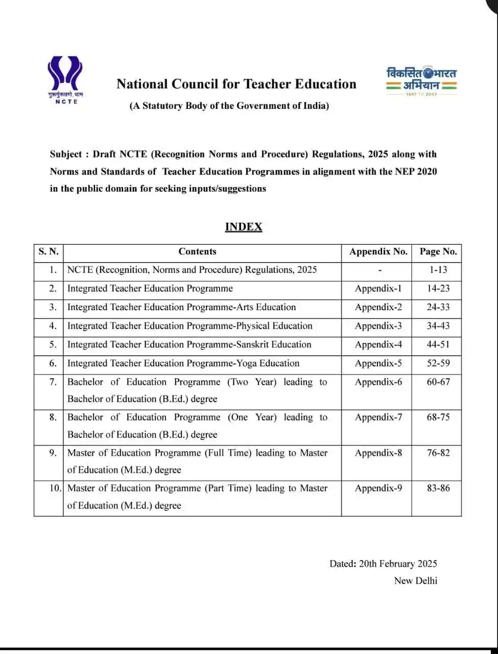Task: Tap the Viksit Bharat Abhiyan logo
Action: (421, 81)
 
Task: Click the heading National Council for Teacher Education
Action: (236, 84)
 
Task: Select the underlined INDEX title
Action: (243, 227)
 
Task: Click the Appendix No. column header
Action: (378, 251)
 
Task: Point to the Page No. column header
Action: (438, 251)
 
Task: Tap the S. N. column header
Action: (49, 251)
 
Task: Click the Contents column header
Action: (197, 251)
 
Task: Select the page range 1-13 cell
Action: (438, 270)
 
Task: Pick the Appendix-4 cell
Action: (378, 344)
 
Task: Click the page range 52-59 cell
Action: (438, 363)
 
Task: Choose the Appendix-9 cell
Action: (378, 488)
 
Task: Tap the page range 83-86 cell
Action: (438, 488)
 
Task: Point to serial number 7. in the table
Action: (53, 382)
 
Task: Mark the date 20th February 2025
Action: (398, 564)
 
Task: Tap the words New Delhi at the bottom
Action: (415, 581)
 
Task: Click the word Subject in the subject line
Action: (66, 154)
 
